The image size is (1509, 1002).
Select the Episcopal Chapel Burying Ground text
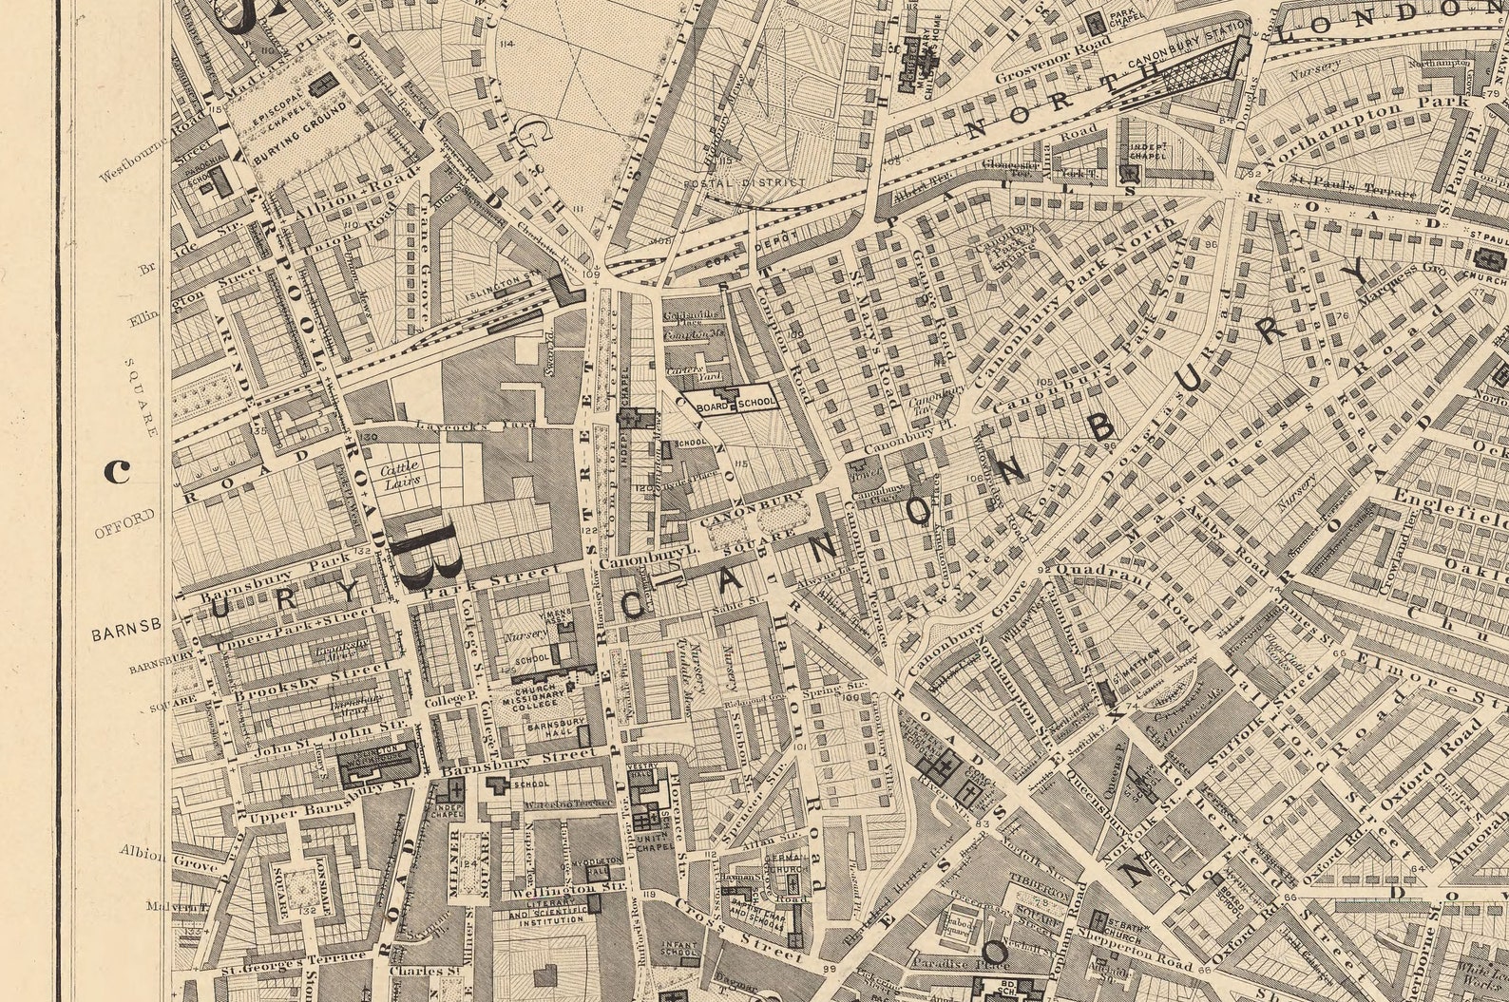pyautogui.click(x=295, y=123)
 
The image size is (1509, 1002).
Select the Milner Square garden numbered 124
pyautogui.click(x=469, y=862)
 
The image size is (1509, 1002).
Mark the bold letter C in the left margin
pyautogui.click(x=117, y=470)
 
